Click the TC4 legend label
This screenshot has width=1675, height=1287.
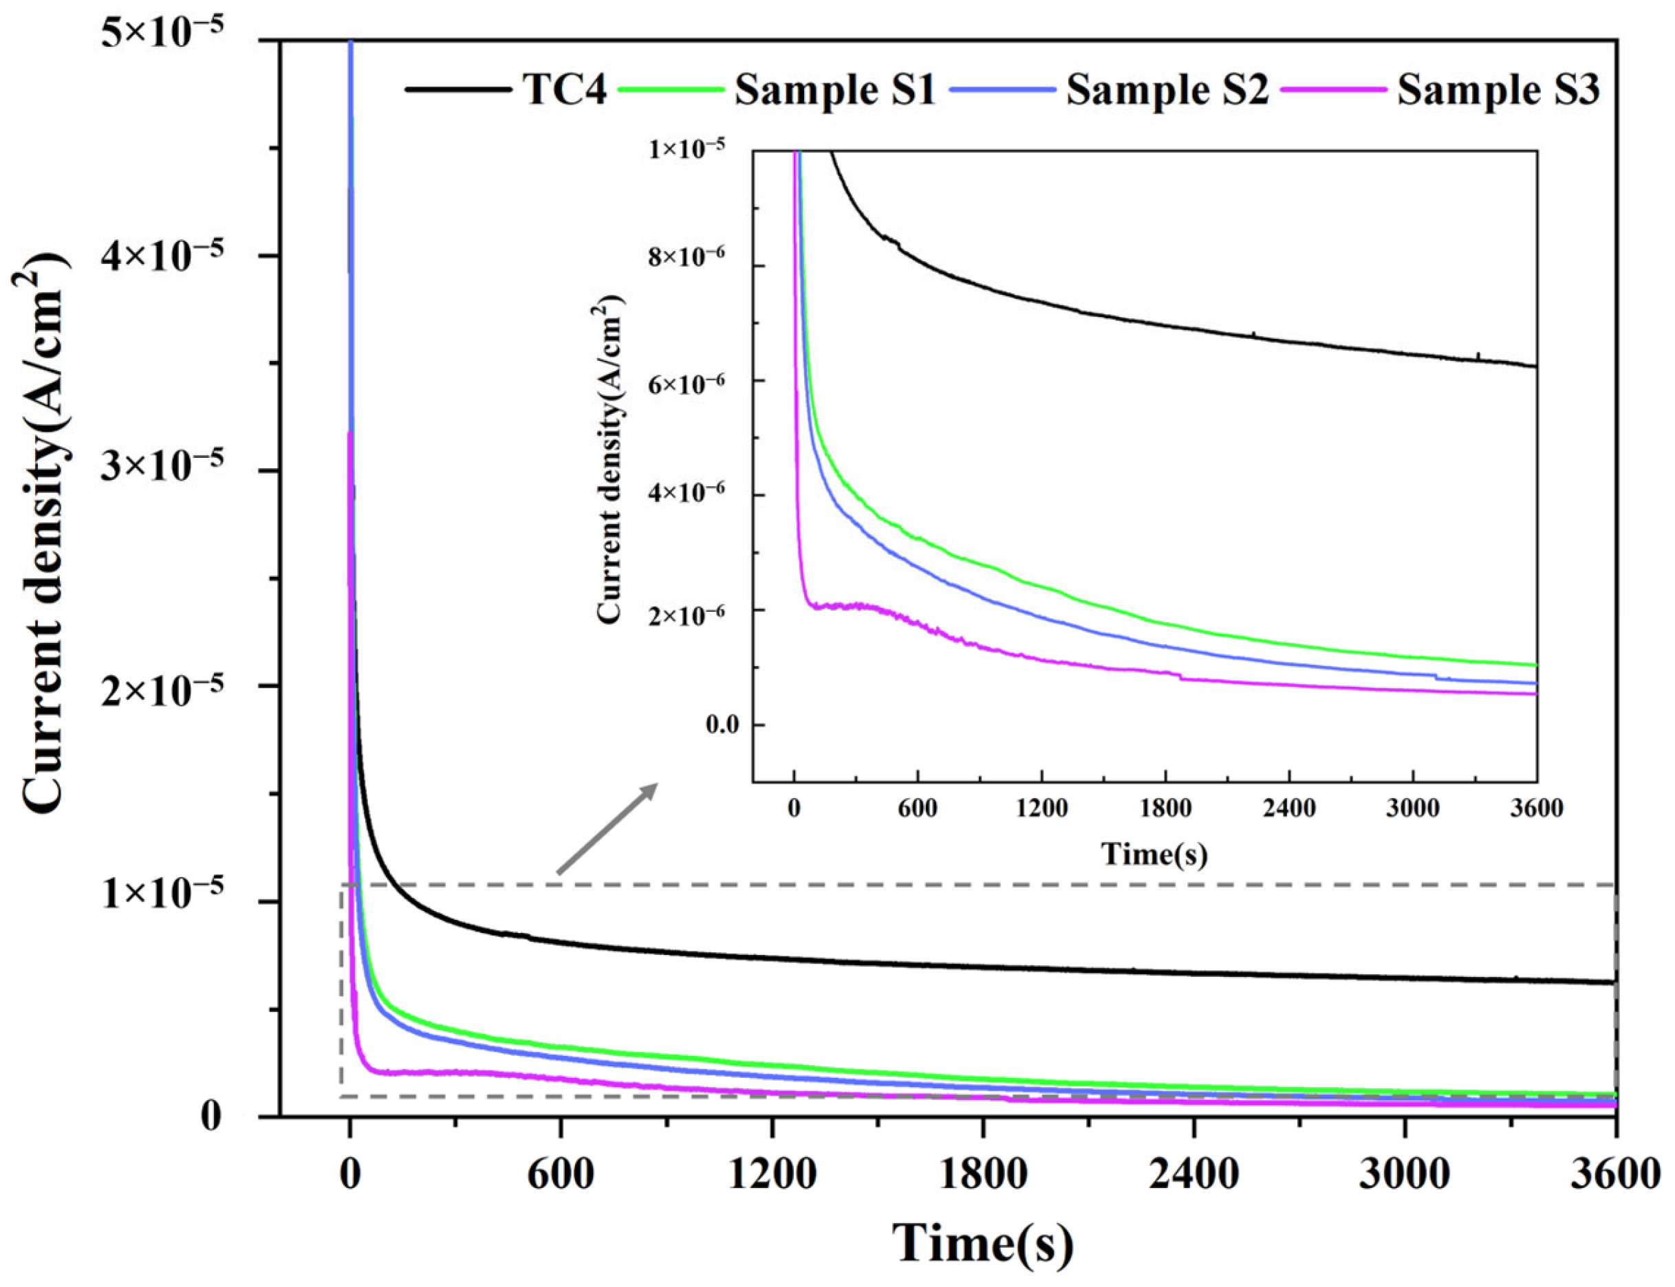click(x=564, y=90)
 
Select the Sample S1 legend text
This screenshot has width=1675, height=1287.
click(x=835, y=90)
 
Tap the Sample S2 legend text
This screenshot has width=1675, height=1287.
click(x=1167, y=90)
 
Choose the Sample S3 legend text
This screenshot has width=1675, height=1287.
click(x=1498, y=90)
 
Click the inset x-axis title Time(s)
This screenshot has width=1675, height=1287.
click(x=1154, y=853)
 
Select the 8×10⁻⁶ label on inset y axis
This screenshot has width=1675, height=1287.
click(x=698, y=256)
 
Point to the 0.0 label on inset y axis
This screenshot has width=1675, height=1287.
click(x=723, y=725)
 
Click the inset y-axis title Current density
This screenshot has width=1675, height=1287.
click(x=610, y=460)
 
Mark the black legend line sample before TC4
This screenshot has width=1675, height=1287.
click(x=457, y=90)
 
